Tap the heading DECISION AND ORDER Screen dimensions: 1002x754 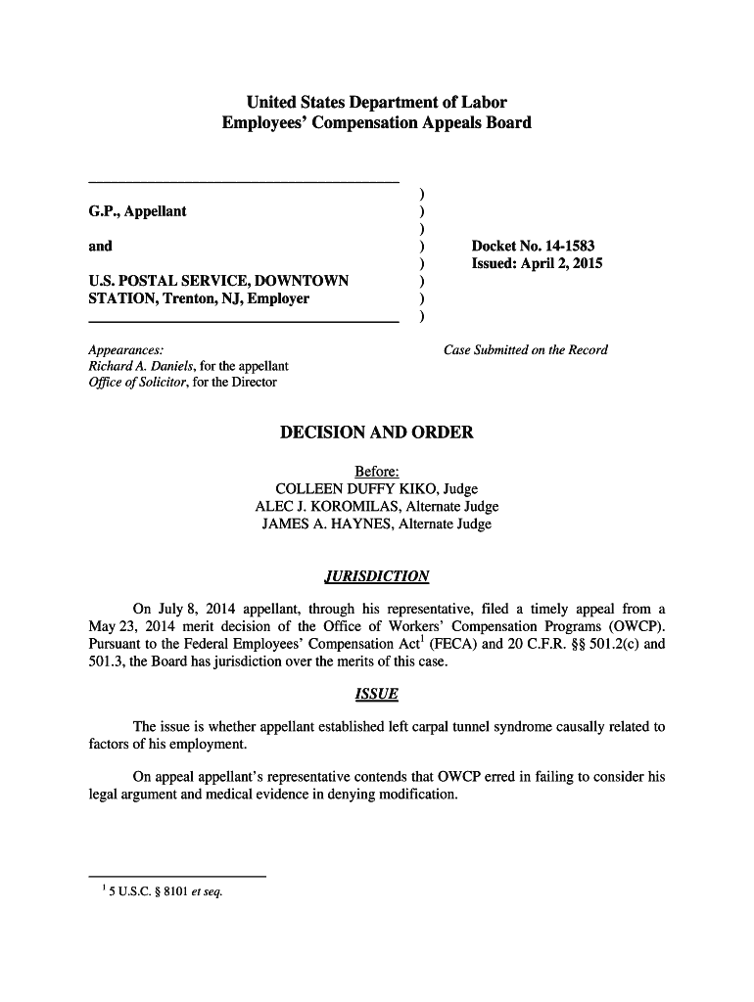coord(376,433)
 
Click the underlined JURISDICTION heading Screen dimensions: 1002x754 coord(376,575)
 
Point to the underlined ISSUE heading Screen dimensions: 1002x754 coord(376,694)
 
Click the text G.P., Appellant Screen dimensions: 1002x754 coord(137,211)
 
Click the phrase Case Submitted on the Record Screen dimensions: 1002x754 coord(526,349)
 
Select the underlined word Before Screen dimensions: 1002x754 coord(376,471)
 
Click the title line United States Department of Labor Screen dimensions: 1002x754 coord(376,103)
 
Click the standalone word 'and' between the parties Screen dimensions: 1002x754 coord(100,247)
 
